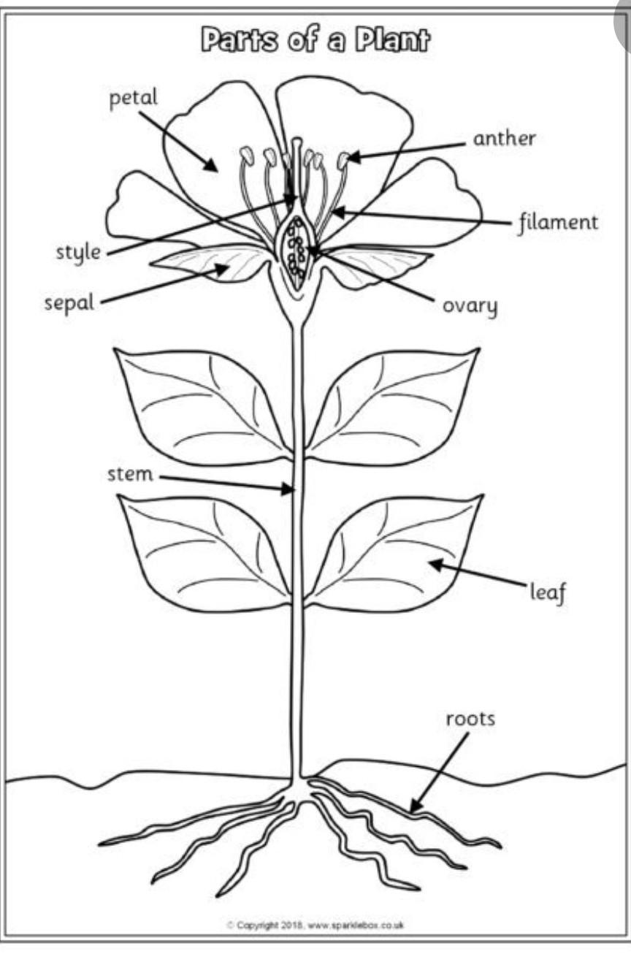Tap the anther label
click(x=504, y=138)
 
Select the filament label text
click(x=558, y=221)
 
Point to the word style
click(x=78, y=253)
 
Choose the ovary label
click(x=470, y=305)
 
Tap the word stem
click(x=130, y=474)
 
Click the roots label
click(x=470, y=719)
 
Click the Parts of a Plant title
click(x=315, y=41)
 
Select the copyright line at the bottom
click(x=315, y=925)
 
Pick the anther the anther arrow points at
click(x=343, y=160)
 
